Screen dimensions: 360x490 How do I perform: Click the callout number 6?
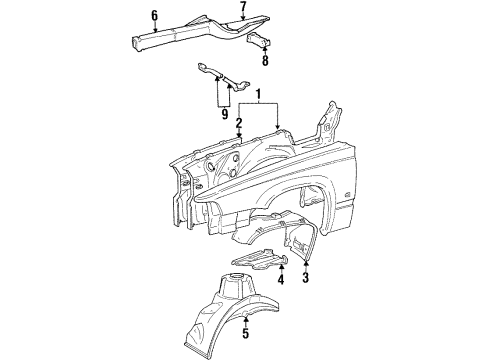(x=155, y=15)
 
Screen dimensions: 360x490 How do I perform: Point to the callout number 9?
(x=225, y=114)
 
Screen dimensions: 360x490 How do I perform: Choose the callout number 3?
(x=306, y=277)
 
